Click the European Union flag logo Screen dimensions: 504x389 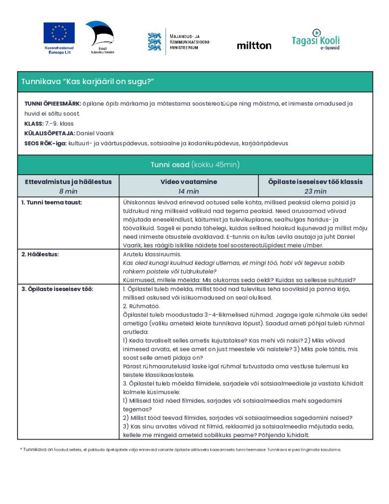click(x=59, y=33)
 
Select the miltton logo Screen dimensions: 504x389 click(x=254, y=45)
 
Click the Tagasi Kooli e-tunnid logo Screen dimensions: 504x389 click(x=315, y=39)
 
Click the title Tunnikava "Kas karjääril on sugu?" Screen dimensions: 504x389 click(x=85, y=82)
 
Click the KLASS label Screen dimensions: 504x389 click(x=33, y=124)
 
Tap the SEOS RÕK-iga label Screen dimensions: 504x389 click(x=45, y=143)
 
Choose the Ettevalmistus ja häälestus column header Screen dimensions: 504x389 click(x=68, y=182)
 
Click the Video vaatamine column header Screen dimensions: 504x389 click(x=188, y=182)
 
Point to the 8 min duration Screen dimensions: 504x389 click(x=68, y=191)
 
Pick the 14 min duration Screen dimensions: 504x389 click(x=188, y=191)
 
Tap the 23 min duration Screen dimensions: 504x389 click(x=315, y=191)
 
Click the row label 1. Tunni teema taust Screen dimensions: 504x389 click(x=51, y=202)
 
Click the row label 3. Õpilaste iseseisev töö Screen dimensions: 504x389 click(x=57, y=289)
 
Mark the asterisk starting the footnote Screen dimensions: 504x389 click(x=21, y=449)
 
